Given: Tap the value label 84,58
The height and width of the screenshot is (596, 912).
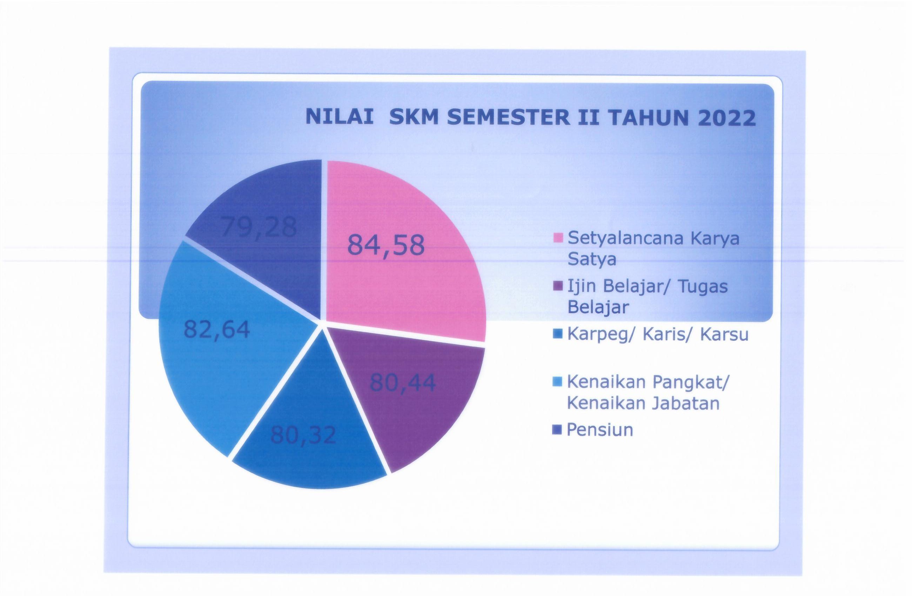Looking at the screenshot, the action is click(x=386, y=245).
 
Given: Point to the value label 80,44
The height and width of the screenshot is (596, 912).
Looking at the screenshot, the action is click(x=403, y=382).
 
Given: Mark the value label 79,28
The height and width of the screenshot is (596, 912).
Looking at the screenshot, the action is click(x=259, y=227).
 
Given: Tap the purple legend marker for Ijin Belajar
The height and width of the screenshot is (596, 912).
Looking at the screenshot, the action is click(x=559, y=286).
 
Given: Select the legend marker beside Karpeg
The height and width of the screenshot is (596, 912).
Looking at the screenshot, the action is click(x=558, y=334).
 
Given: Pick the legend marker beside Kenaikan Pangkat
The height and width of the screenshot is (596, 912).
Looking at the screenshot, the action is click(x=558, y=382).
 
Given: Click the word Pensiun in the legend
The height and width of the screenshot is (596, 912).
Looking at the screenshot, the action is click(x=600, y=430).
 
